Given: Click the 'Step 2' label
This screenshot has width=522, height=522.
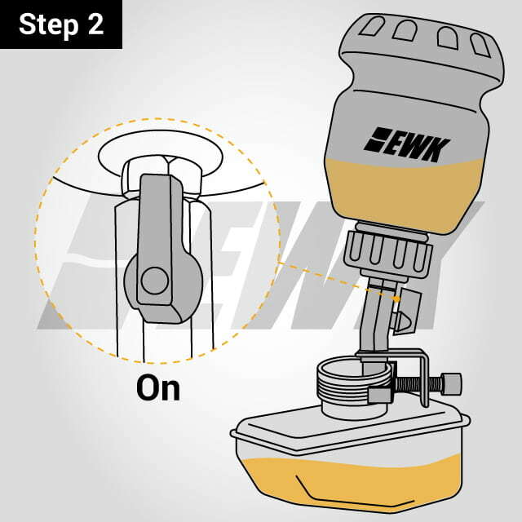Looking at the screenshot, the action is [61, 24].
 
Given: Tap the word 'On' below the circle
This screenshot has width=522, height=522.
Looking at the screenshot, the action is [158, 387].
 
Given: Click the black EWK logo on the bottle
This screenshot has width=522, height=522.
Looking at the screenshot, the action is [406, 144].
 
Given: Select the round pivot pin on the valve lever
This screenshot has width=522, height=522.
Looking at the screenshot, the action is [154, 281].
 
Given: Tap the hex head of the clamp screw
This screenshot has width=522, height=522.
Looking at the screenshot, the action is [451, 383].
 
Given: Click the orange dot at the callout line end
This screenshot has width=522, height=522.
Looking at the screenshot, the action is [397, 299].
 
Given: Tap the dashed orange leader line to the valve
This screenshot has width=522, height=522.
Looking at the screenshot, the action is [338, 281].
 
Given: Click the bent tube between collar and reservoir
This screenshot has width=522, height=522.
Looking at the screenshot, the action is [376, 326].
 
